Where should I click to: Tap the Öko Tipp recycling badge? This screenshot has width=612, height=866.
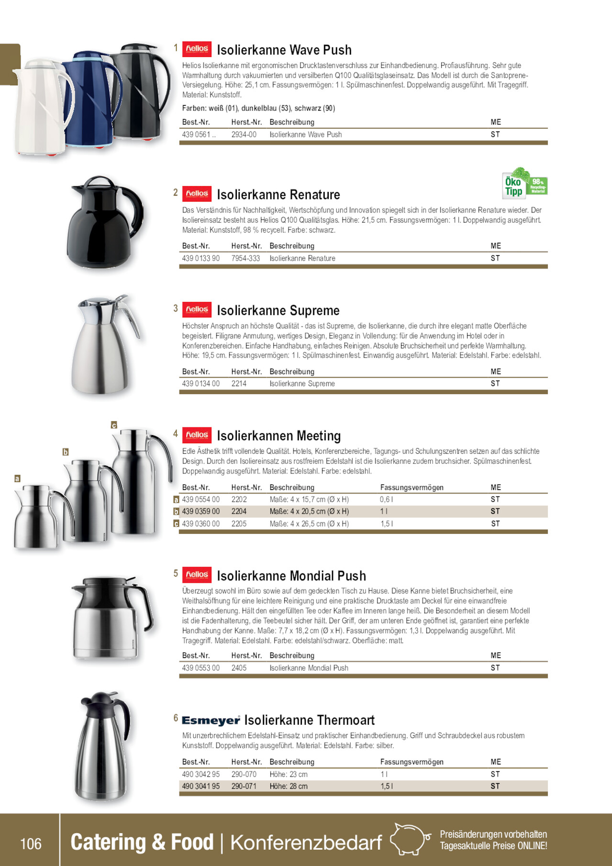[524, 183]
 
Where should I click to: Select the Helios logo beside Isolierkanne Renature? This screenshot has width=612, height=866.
[197, 193]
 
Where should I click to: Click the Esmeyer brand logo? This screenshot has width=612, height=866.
[211, 720]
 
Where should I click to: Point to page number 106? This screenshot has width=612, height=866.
[31, 844]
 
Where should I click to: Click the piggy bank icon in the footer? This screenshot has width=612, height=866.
[410, 839]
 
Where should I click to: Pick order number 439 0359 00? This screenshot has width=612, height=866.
[201, 511]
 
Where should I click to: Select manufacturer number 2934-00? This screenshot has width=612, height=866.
[244, 135]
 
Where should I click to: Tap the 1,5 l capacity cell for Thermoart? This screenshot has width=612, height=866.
[387, 786]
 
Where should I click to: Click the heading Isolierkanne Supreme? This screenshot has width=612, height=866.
[278, 311]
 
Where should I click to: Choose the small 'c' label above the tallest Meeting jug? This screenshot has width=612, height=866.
[114, 425]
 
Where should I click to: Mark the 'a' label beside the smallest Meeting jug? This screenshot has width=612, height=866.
[17, 478]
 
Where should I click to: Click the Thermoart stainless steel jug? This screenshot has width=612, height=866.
[101, 752]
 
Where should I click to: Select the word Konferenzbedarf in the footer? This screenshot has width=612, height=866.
[306, 843]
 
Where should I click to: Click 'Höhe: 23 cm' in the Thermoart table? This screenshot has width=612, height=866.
[289, 774]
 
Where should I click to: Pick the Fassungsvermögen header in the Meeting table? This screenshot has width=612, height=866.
[412, 487]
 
